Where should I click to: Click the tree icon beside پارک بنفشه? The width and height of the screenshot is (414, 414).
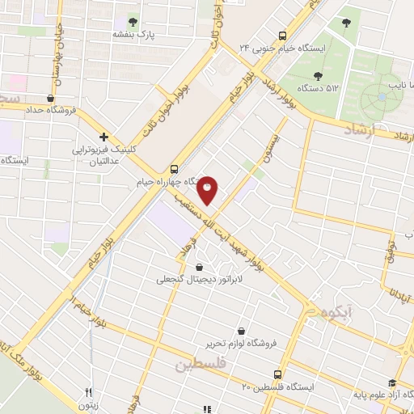tap(133, 22)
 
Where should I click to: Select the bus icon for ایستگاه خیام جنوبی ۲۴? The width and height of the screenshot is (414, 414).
tap(282, 36)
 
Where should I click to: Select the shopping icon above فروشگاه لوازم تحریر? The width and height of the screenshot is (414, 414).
tap(243, 330)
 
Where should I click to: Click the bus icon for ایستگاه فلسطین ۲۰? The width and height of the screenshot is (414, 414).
tap(277, 374)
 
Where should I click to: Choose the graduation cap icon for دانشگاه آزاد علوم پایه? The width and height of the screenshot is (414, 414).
tap(392, 383)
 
